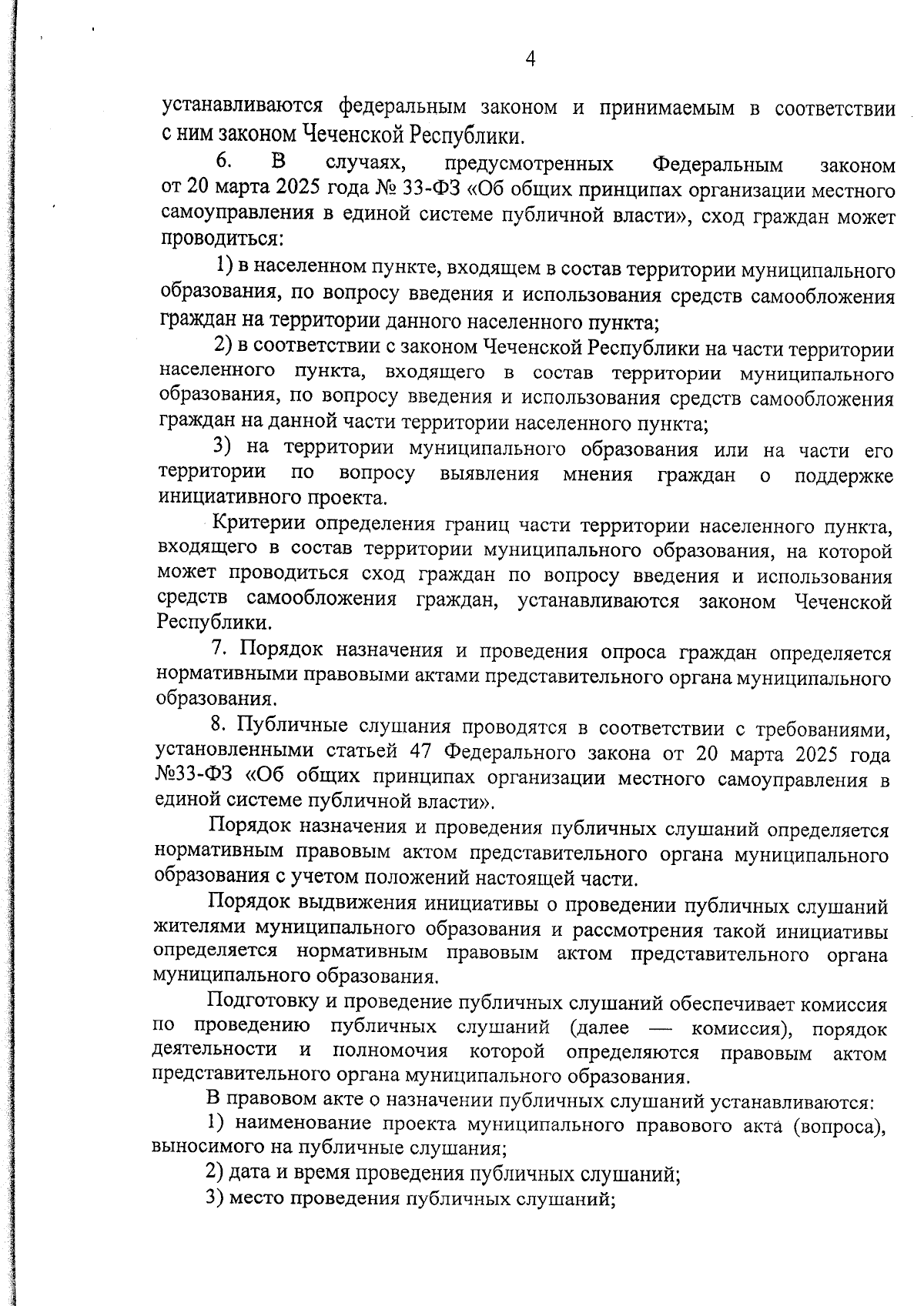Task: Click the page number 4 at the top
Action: pos(530,58)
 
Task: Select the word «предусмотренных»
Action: pos(529,164)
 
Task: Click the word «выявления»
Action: pos(489,474)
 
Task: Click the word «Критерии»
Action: pos(255,525)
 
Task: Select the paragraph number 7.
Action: pos(218,651)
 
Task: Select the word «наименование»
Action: pos(307,1125)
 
